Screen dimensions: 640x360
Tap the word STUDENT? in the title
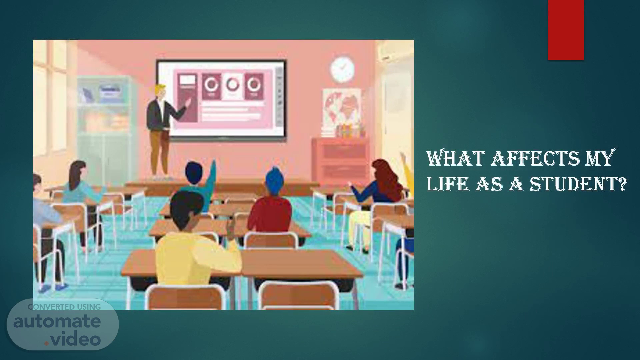(x=578, y=184)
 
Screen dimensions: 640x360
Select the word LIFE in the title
(x=447, y=184)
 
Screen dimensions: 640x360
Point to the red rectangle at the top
(x=566, y=30)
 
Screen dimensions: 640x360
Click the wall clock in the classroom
(x=342, y=69)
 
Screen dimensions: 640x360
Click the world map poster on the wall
(x=341, y=108)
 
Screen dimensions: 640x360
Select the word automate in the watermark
(x=57, y=321)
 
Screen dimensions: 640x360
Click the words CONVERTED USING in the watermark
(x=64, y=307)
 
